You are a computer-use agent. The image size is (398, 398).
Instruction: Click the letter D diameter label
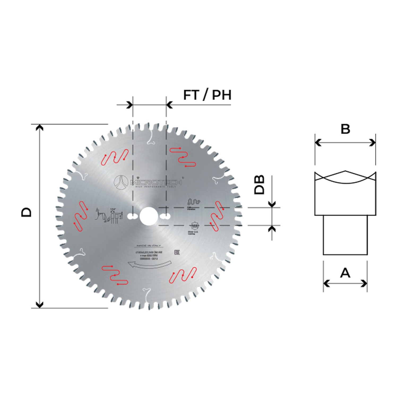26,212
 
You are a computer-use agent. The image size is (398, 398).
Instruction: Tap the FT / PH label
207,95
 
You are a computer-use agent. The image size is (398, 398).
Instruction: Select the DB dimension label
259,185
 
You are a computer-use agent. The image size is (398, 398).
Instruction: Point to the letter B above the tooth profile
345,129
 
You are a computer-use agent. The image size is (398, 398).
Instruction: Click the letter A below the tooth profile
345,272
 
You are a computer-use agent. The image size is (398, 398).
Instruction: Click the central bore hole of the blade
148,216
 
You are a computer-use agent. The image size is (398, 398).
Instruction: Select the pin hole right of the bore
165,217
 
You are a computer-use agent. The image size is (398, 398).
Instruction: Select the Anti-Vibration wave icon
194,201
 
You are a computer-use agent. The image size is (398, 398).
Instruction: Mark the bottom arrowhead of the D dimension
40,305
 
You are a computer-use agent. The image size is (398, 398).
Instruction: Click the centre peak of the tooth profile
345,171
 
